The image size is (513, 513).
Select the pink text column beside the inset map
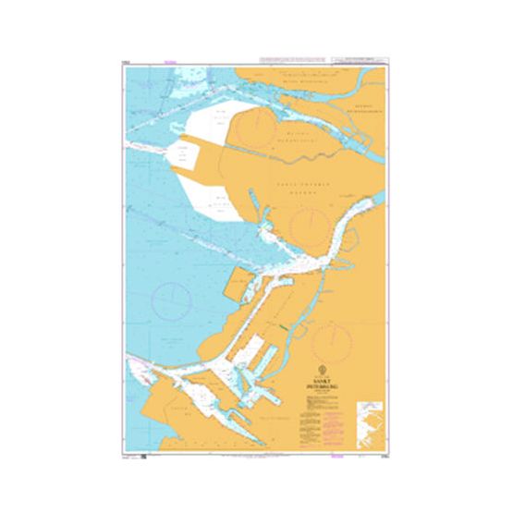(354, 410)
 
